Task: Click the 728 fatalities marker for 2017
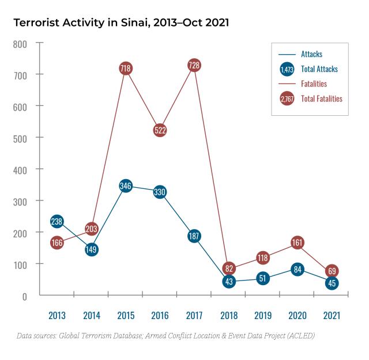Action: (194, 65)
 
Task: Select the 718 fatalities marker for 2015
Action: (126, 69)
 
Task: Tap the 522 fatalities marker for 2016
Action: (160, 130)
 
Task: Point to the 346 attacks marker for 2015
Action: (126, 185)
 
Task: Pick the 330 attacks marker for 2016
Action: (160, 192)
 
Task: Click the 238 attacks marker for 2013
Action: (57, 221)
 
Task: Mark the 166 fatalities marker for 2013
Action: (57, 243)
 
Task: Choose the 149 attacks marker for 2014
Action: (91, 249)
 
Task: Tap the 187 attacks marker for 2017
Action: (194, 236)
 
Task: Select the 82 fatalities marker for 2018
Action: (229, 268)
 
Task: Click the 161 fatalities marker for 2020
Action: (298, 242)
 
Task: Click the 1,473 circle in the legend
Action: (287, 69)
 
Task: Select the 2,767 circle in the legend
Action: (287, 99)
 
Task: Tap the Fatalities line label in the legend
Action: (314, 84)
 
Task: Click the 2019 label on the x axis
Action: (263, 316)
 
